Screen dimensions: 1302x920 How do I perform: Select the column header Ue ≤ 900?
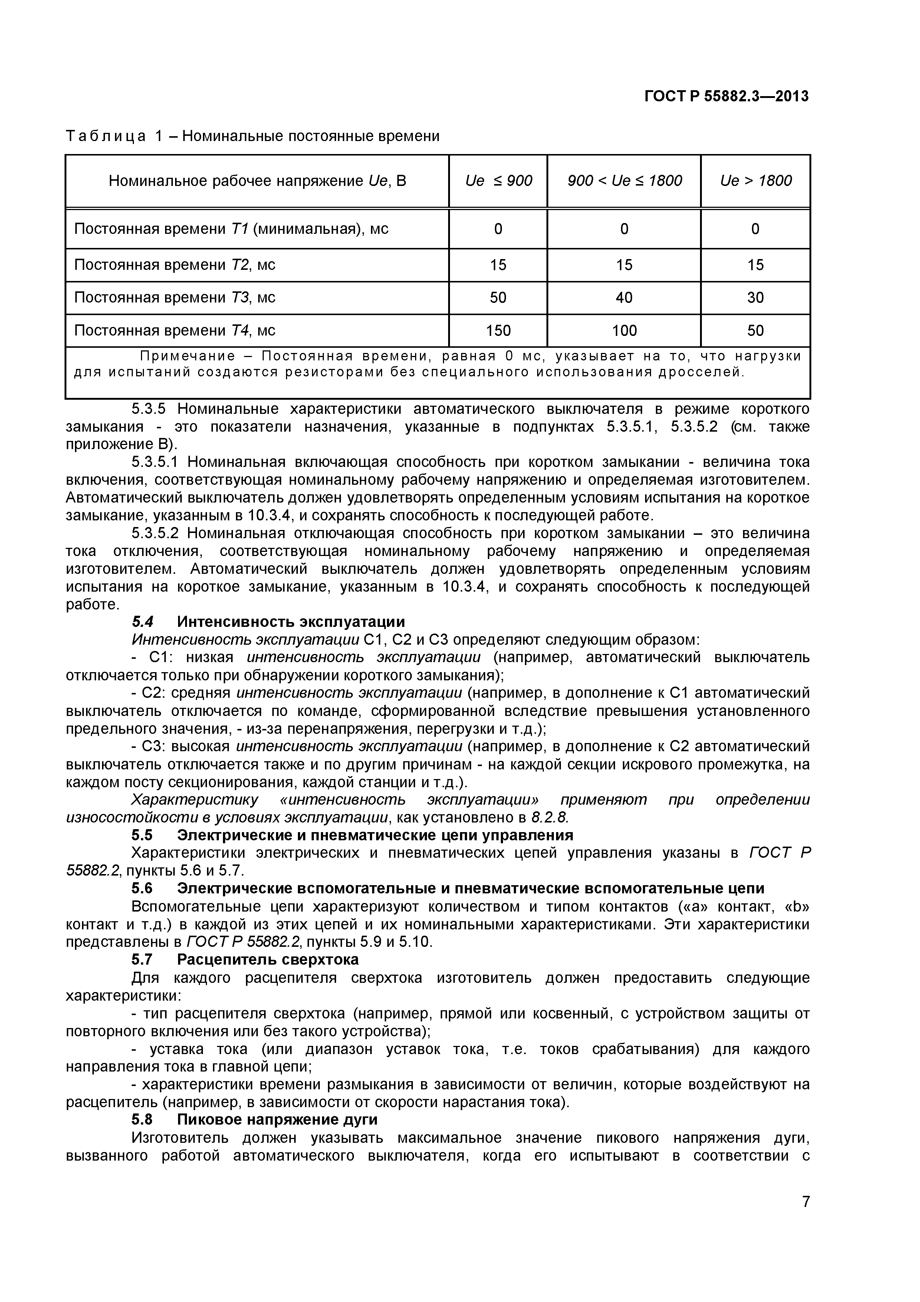coord(498,181)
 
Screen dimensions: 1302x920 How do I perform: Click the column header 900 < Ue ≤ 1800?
coord(624,181)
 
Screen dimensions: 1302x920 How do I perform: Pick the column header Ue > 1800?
coord(756,181)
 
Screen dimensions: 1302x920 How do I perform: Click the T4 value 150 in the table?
coord(498,331)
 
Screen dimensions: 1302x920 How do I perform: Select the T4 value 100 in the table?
coord(624,331)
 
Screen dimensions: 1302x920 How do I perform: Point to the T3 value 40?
coord(624,298)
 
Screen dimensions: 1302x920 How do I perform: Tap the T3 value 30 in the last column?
coord(756,298)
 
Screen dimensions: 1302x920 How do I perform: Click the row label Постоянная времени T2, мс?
coord(175,265)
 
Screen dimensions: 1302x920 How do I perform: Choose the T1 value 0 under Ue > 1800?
coord(756,229)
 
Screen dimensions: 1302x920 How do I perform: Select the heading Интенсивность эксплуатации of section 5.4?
coord(291,622)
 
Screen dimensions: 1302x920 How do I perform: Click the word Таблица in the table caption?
coord(105,137)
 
